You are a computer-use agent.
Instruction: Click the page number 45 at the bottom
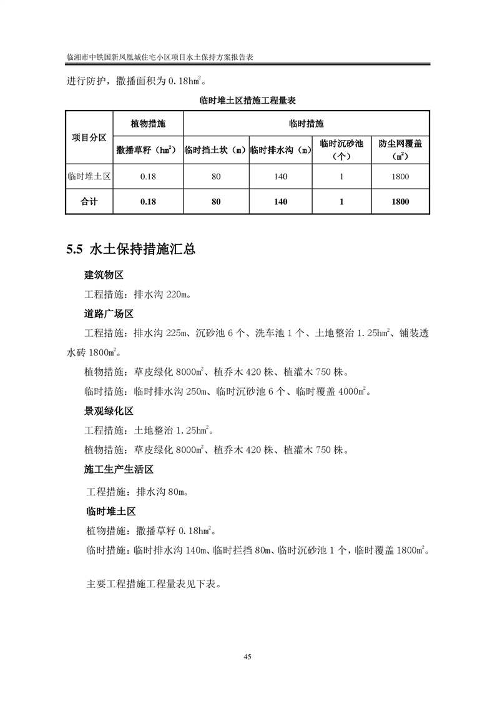tap(247, 656)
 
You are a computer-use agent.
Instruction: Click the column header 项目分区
tap(89, 137)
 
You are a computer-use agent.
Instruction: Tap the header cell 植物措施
tap(148, 124)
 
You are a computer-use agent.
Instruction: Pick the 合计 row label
tap(89, 202)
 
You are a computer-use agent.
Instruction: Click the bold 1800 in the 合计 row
tap(400, 202)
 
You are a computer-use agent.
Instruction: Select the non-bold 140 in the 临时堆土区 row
tap(280, 177)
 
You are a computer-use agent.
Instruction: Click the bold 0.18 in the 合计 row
tap(148, 202)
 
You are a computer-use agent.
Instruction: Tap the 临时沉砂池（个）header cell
tap(341, 150)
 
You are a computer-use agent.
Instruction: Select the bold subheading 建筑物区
tap(104, 276)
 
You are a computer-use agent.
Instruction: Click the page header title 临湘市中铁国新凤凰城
tap(162, 56)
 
